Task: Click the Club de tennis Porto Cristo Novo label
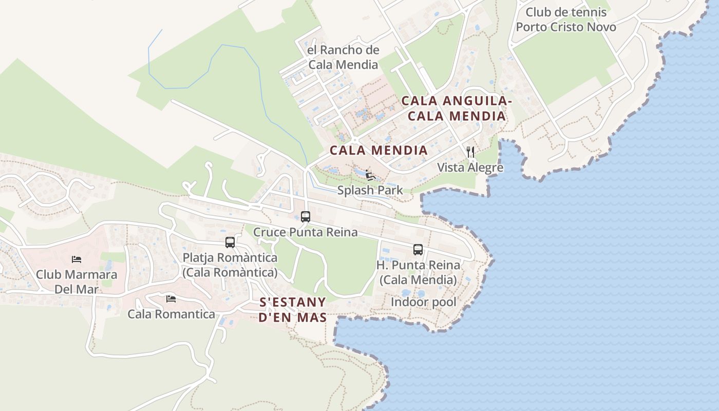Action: pos(566,20)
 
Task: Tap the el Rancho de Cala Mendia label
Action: pos(343,57)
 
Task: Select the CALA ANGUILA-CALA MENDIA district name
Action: pos(456,108)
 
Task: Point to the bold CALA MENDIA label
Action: pos(379,150)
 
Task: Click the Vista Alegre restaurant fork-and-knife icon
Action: pos(470,152)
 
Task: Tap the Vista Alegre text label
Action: pos(470,167)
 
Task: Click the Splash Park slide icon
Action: pos(370,175)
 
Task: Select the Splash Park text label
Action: pos(370,191)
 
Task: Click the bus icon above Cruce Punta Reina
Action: pos(306,217)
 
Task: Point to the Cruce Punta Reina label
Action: pos(306,232)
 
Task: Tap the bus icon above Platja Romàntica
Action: pos(230,242)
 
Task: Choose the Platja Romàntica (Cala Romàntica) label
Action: pos(230,265)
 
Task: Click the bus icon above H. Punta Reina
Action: pos(418,250)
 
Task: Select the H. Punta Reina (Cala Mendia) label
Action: pos(418,272)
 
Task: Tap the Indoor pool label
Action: pos(423,302)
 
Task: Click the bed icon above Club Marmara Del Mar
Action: pos(77,259)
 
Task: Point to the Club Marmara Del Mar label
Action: pos(77,282)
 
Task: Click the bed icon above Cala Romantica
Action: pos(171,298)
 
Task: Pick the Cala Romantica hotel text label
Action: pos(171,314)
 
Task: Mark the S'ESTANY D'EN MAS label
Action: pos(292,309)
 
